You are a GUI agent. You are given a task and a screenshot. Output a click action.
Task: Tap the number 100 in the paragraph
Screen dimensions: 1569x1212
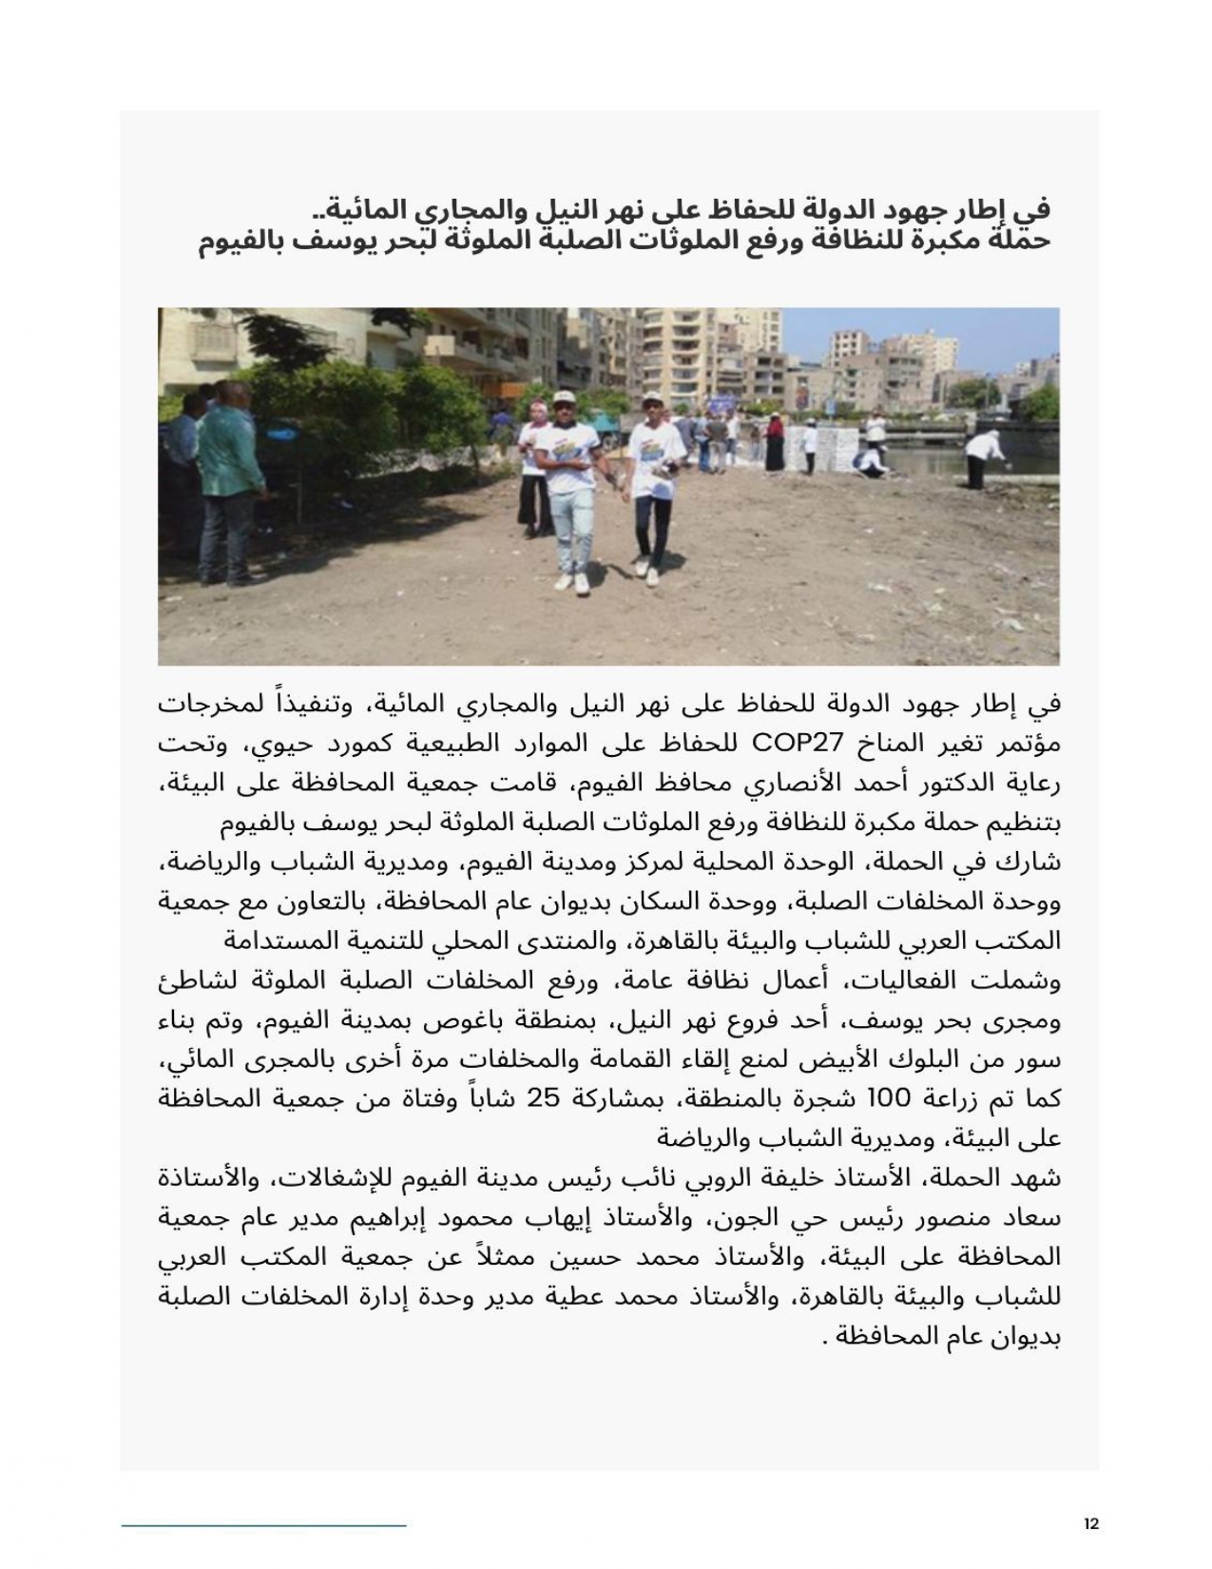tap(888, 1098)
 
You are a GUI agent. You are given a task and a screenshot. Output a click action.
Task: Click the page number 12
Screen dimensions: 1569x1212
tap(1090, 1523)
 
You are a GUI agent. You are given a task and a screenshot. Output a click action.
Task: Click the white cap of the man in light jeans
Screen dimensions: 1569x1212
tap(564, 398)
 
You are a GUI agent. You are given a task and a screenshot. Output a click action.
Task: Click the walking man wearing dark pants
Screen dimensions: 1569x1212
tap(651, 485)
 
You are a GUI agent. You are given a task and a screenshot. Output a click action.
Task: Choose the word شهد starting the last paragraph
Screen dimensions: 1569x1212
tap(1036, 1178)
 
